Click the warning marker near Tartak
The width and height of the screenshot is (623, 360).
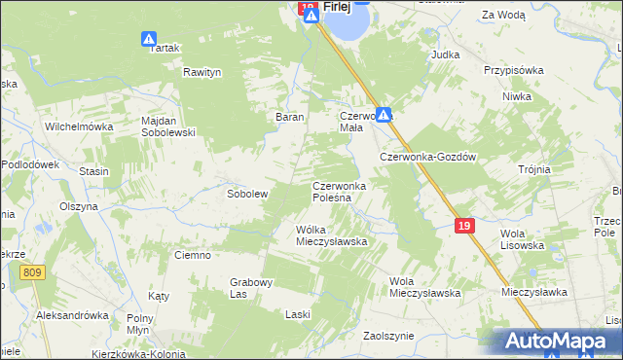[x=149, y=40]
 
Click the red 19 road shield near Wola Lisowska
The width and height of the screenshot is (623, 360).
[x=464, y=226]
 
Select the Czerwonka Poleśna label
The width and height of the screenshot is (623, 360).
[x=338, y=191]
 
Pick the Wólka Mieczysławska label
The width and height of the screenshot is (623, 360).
[x=330, y=235]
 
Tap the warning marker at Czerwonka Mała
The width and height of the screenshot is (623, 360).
[x=385, y=114]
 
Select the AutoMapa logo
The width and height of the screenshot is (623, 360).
[x=555, y=341]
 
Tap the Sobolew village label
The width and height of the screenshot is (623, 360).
[x=247, y=194]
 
